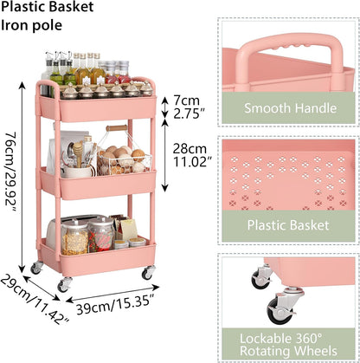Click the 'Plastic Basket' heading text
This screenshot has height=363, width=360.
47,7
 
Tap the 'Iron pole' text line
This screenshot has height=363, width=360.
31,25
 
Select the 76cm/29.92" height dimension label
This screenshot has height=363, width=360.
11,172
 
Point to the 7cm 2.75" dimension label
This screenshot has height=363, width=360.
187,107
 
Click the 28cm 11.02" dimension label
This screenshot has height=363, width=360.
190,155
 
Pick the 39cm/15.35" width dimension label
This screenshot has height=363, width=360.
115,304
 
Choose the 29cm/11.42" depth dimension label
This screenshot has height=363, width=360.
34,300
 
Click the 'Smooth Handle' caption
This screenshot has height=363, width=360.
290,108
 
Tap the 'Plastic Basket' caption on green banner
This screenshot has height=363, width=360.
288,225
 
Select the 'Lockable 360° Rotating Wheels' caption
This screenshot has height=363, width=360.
288,345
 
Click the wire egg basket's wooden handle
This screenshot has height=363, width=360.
117,128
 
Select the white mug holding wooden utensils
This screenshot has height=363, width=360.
77,172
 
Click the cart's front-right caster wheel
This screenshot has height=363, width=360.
148,273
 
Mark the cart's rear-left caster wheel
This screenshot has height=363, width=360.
36,269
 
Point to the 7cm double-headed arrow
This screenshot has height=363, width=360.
164,107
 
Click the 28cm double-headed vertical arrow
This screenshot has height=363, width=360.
164,155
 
